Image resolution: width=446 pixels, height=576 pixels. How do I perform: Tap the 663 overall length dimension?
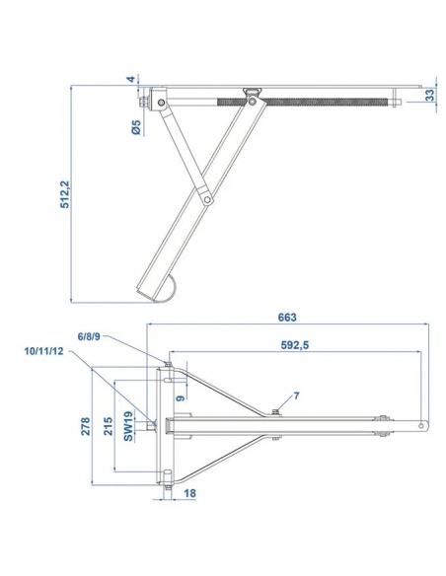coord(288,318)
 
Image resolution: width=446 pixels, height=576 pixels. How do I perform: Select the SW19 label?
coord(130,426)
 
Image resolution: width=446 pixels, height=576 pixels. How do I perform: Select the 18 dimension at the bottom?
coord(188,494)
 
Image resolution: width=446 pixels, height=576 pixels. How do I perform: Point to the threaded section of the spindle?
coord(326,98)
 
